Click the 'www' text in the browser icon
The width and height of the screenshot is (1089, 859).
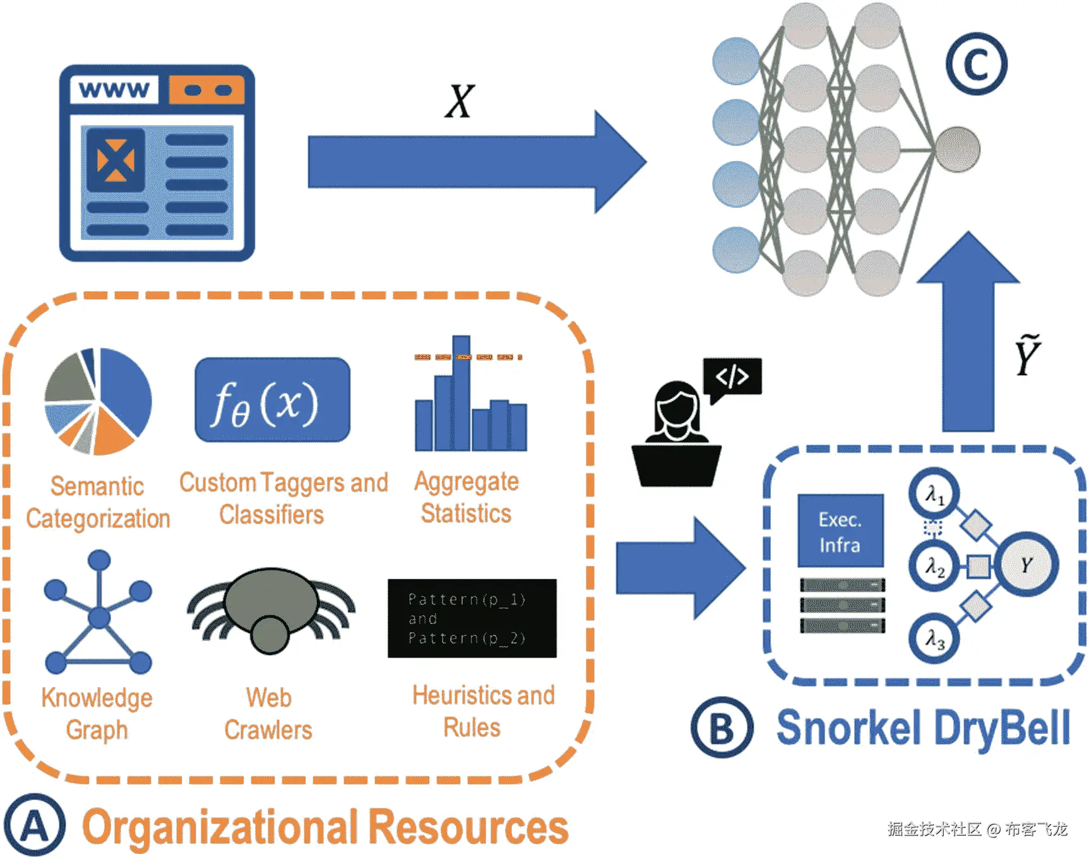(x=114, y=90)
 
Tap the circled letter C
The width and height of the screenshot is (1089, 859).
(x=976, y=64)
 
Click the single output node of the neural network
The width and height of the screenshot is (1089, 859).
(x=957, y=149)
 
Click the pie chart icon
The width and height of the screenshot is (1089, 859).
(x=98, y=401)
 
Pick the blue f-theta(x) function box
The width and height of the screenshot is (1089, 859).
(x=272, y=400)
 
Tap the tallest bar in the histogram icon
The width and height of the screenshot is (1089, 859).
(x=461, y=392)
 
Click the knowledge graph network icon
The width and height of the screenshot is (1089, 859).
(x=98, y=613)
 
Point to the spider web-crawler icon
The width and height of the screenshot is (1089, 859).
(x=271, y=610)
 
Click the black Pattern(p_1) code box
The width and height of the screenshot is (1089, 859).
(x=472, y=618)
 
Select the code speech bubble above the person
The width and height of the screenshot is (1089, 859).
(x=732, y=376)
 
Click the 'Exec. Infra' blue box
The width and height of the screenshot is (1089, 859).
(x=840, y=531)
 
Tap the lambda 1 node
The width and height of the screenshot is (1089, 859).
(x=934, y=493)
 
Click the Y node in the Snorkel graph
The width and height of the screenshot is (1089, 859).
(x=1027, y=565)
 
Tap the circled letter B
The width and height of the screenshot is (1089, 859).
(x=722, y=728)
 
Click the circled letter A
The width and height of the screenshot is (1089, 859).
(x=35, y=826)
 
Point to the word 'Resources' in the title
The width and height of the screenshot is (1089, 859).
(x=468, y=827)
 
